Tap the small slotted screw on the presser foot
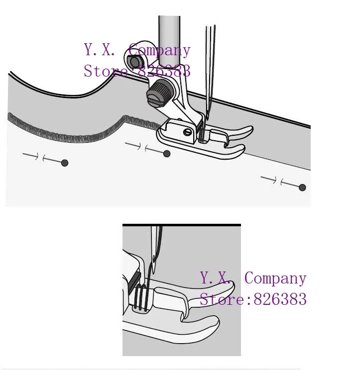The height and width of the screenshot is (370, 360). (187, 132)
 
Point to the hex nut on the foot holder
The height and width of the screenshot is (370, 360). (134, 62)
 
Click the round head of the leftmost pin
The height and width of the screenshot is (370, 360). (65, 163)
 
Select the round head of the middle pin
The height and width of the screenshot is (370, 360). (167, 154)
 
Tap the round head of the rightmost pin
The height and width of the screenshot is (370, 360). (302, 187)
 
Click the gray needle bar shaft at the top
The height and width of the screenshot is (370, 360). (169, 30)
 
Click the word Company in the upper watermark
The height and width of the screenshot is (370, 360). (159, 50)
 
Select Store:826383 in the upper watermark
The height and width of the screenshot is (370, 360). (137, 71)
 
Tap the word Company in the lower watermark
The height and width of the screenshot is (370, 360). (275, 278)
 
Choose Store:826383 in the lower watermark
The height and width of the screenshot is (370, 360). (253, 299)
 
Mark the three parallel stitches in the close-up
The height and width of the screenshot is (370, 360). (141, 298)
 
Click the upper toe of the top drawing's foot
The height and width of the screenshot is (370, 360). (234, 132)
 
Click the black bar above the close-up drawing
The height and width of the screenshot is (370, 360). (182, 225)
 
